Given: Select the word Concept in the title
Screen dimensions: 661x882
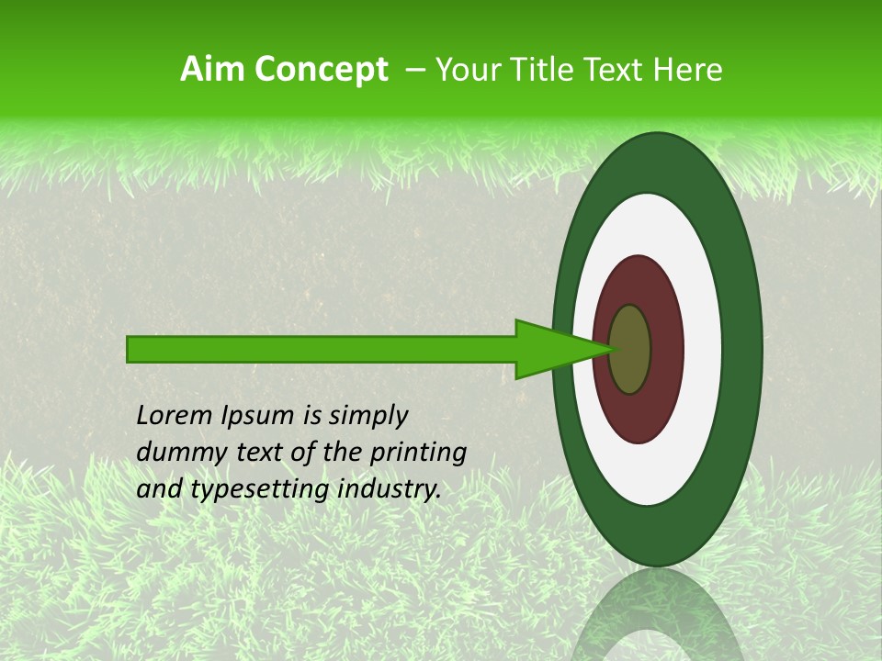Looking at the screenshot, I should (x=321, y=69).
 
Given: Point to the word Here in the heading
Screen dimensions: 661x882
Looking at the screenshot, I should (x=688, y=69).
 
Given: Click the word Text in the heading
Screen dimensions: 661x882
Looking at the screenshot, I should (x=620, y=69).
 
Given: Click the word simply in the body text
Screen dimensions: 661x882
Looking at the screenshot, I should (x=367, y=417).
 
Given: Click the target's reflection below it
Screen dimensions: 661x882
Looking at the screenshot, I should (x=657, y=615).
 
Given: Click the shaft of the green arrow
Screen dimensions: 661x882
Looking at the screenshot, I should (x=322, y=349).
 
